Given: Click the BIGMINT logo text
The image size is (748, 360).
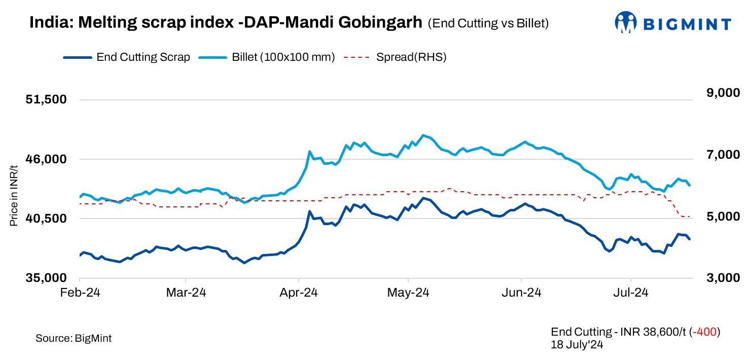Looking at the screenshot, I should tap(687, 23).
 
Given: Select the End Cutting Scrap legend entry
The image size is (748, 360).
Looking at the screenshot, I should tap(143, 57).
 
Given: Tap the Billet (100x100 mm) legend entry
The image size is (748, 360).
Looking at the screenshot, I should tap(283, 57).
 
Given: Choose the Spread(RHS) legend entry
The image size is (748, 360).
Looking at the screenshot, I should tap(411, 57).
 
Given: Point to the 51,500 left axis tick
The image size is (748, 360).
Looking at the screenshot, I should tap(46, 99).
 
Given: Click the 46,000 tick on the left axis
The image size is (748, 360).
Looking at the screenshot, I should tap(46, 159).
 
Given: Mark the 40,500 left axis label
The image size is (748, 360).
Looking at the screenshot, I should tap(46, 219).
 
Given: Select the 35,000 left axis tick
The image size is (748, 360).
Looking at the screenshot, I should tap(46, 278).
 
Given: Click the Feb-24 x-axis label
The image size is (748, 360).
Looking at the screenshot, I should tap(80, 293).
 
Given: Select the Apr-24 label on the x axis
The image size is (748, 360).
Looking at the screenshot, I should tap(299, 293).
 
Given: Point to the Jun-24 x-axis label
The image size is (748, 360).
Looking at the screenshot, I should tap(521, 293).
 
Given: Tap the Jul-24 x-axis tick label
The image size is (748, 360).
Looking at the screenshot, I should tap(631, 293).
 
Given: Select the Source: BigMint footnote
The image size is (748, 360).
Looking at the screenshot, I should tap(74, 338).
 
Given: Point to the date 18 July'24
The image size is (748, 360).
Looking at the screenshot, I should tap(577, 344).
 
